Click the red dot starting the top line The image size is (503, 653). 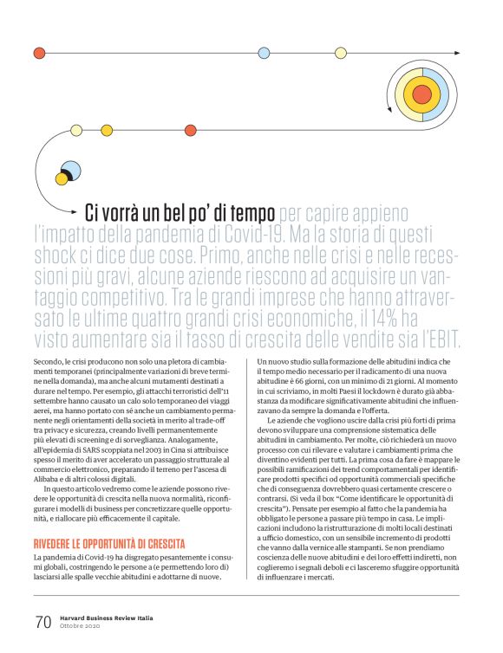point(37,52)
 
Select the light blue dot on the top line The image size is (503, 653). point(264,52)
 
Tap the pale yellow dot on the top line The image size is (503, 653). point(340,52)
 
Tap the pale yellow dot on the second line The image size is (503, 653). point(76,131)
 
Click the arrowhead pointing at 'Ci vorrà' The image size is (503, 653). point(75,210)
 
